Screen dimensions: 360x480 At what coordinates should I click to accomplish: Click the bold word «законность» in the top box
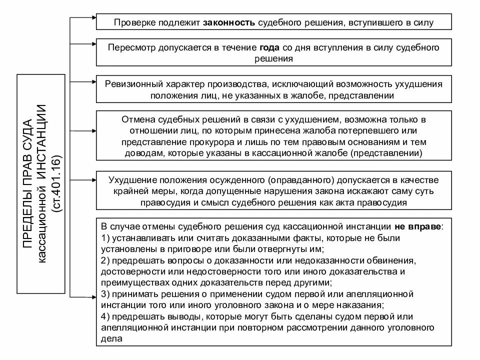coord(229,22)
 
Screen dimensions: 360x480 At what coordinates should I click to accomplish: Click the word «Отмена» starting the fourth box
coord(135,120)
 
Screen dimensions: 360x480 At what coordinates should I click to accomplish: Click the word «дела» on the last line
coord(110,338)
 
